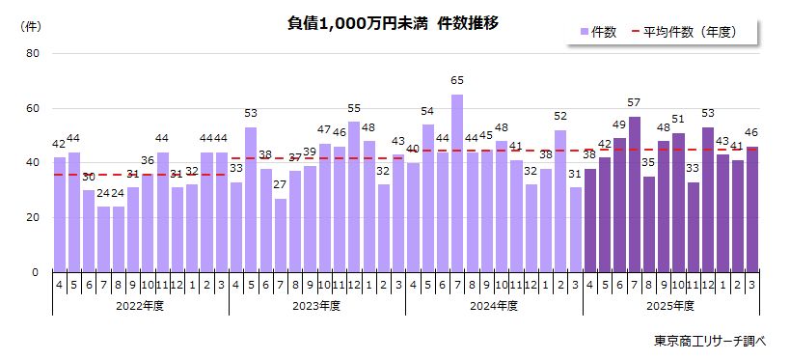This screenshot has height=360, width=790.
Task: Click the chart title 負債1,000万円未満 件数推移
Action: (x=394, y=23)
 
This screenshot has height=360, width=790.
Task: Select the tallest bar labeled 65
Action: (x=457, y=183)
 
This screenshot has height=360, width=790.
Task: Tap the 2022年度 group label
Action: (x=140, y=306)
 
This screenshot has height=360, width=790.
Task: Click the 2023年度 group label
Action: (x=316, y=306)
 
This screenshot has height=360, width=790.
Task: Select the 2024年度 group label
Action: (x=493, y=306)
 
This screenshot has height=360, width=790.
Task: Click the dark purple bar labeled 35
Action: (x=648, y=224)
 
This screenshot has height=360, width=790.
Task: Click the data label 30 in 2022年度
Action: (x=89, y=178)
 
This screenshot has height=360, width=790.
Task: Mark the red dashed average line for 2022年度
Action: (x=140, y=175)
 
